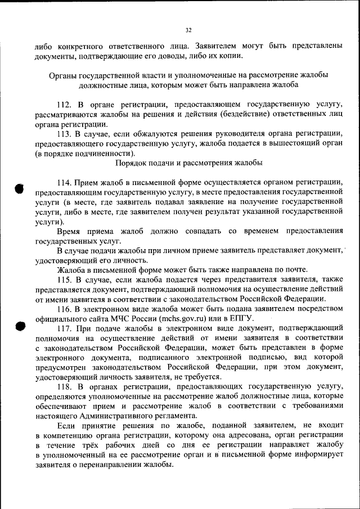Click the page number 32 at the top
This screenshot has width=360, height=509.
[x=188, y=30]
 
